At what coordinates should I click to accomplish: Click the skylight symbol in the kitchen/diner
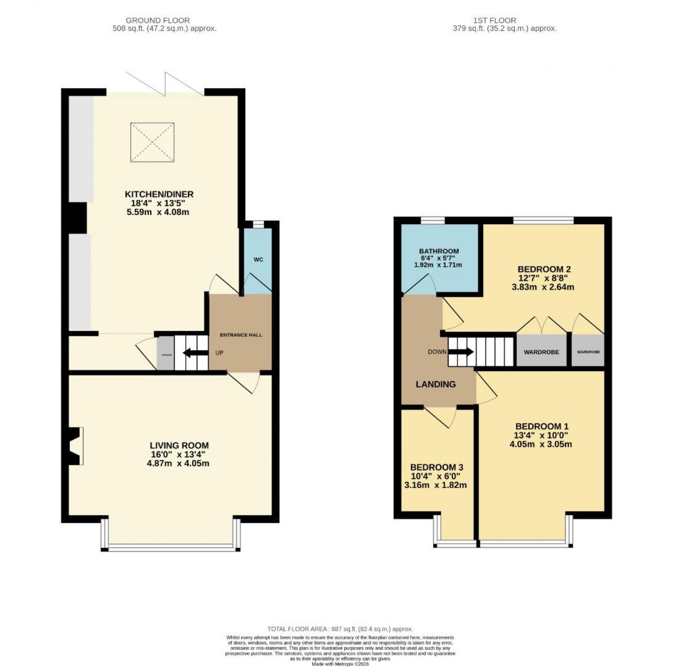point(152,142)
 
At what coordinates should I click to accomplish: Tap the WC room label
point(258,259)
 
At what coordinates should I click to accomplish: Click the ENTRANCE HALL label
point(241,335)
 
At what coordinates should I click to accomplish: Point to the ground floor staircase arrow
point(196,353)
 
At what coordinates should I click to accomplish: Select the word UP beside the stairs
point(219,353)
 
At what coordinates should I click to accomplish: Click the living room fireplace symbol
point(76,446)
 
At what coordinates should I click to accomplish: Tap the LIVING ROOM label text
point(179,445)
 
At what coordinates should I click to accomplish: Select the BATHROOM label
point(439,251)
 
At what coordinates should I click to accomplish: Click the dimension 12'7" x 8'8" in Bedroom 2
point(544,278)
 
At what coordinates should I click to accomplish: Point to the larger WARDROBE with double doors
point(541,352)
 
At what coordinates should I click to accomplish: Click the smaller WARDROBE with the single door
point(588,352)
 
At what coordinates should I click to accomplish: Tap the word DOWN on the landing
point(437,352)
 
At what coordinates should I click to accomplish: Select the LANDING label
point(435,384)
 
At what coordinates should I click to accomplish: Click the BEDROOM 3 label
point(437,467)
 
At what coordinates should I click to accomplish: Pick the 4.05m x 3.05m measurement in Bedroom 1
point(542,444)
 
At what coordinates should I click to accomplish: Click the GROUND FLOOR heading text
point(158,20)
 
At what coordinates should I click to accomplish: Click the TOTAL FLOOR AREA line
point(340,629)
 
